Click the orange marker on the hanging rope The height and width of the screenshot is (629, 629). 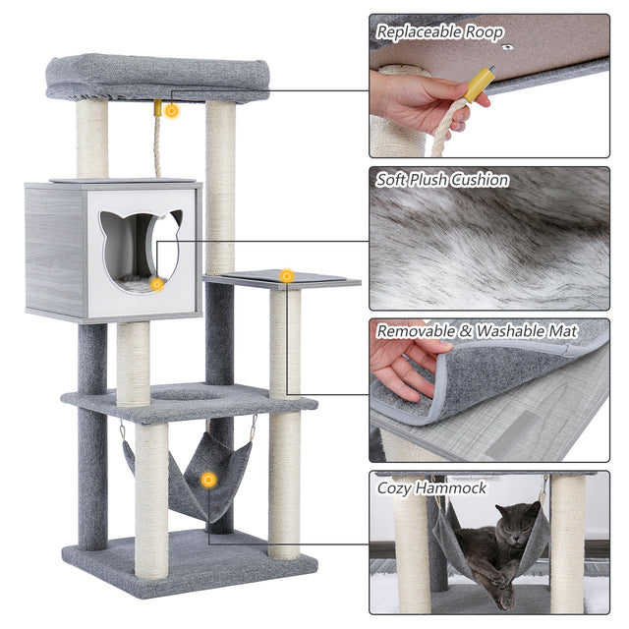[172, 111]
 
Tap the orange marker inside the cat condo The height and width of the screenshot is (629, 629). [156, 284]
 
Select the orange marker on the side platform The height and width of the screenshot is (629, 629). [286, 276]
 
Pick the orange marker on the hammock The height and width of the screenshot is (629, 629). [208, 480]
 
